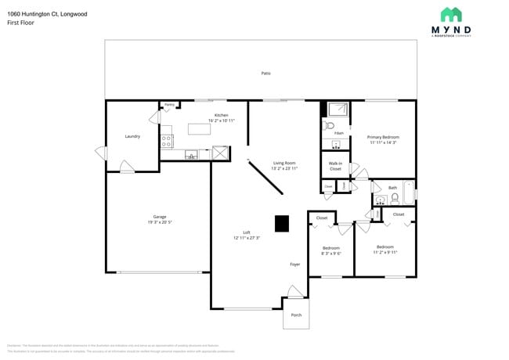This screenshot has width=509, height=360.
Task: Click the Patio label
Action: tap(266, 73)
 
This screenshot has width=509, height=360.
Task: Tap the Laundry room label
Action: tap(132, 136)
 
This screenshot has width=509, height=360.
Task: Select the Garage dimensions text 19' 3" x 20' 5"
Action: tap(160, 222)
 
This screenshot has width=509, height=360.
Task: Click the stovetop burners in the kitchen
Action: tap(166, 141)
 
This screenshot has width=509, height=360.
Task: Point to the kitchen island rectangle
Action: tap(200, 129)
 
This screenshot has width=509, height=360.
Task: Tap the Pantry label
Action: tap(169, 104)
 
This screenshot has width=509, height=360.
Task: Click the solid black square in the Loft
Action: tap(281, 224)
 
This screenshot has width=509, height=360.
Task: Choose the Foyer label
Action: tap(295, 265)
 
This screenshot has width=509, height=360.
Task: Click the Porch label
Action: tap(296, 315)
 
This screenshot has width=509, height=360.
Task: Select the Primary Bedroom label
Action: tap(383, 137)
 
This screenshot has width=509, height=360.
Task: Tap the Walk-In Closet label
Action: tap(335, 166)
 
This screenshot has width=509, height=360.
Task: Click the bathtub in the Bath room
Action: tap(409, 193)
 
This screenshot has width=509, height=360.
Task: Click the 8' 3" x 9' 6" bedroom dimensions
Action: tap(331, 254)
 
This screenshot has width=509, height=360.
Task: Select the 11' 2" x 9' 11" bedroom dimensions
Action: tap(385, 252)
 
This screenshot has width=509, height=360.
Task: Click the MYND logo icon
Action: tap(450, 14)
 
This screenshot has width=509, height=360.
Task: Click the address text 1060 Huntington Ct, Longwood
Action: tap(49, 14)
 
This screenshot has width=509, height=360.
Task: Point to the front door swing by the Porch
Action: tap(295, 293)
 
